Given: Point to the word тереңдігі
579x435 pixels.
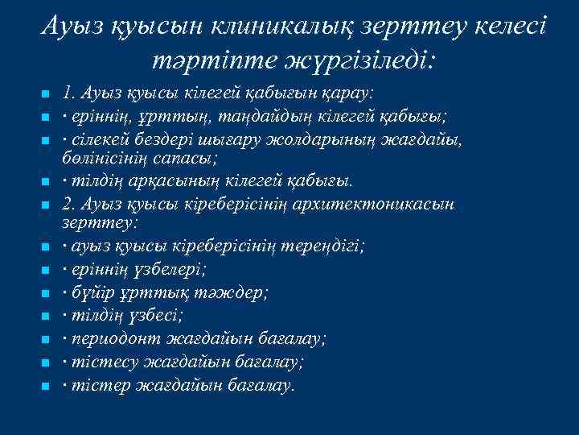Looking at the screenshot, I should click(x=322, y=246).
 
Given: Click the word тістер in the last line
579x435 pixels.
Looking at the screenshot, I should click(x=92, y=386).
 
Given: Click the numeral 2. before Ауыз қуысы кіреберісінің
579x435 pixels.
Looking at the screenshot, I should click(x=68, y=204).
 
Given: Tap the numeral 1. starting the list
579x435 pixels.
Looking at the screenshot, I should click(x=68, y=92).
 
